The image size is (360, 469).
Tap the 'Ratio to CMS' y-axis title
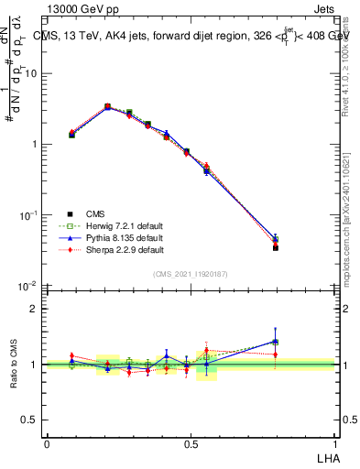pos(14,364)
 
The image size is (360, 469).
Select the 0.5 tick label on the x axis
pos(191,443)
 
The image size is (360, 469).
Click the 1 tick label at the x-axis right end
pos(333,443)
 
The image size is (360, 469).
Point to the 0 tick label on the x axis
pos(47,443)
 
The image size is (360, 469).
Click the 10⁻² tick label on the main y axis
pos(28,286)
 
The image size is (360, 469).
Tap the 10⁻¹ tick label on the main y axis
pos(28,215)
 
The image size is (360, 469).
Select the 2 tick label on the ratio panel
pos(34,309)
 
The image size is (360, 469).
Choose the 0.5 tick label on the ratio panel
pos(29,420)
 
